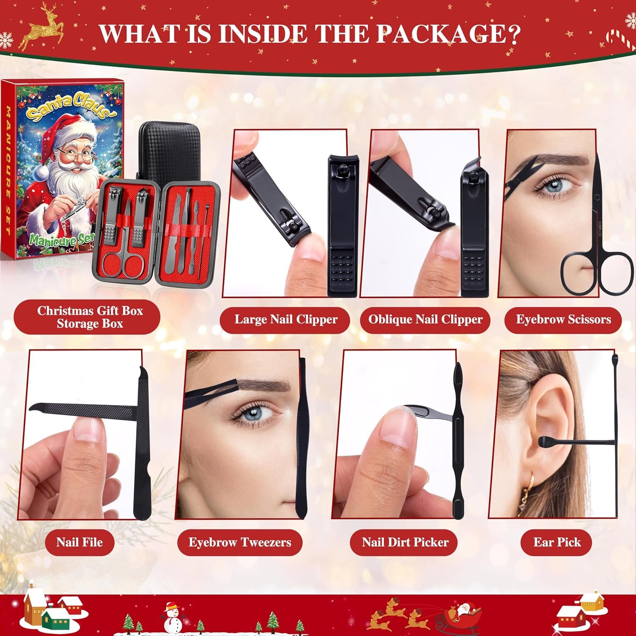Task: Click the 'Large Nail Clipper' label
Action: point(286,319)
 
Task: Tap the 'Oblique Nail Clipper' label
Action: point(425,319)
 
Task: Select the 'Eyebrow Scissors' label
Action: point(563,319)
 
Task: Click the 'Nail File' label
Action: point(79,542)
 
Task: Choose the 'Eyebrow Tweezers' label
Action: point(240,542)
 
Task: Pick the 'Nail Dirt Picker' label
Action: point(405,542)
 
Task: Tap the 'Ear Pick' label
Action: point(557,542)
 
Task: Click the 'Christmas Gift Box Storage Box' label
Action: point(89,317)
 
